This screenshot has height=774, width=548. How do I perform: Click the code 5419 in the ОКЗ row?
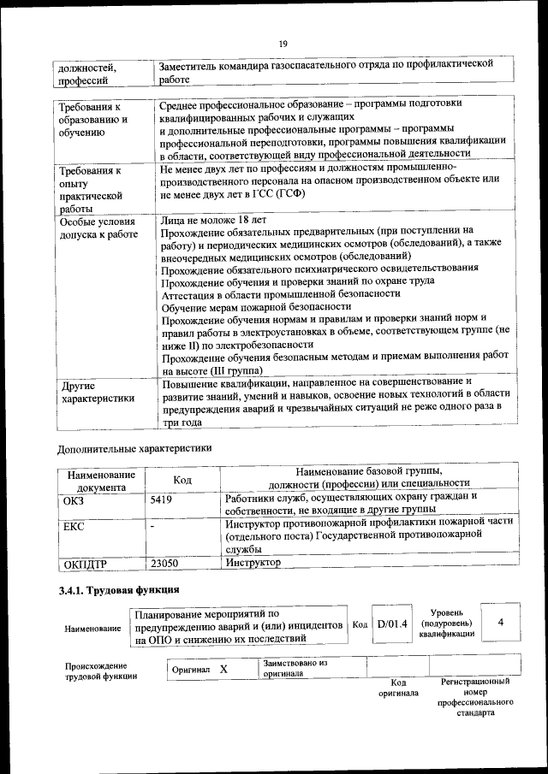(x=161, y=498)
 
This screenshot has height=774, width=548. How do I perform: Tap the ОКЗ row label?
(x=74, y=498)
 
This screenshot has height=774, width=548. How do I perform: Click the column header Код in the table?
(x=182, y=479)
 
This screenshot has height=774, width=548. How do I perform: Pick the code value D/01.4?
(x=393, y=625)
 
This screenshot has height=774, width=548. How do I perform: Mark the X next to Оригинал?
(x=223, y=670)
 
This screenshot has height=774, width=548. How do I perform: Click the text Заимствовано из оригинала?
(x=295, y=668)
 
